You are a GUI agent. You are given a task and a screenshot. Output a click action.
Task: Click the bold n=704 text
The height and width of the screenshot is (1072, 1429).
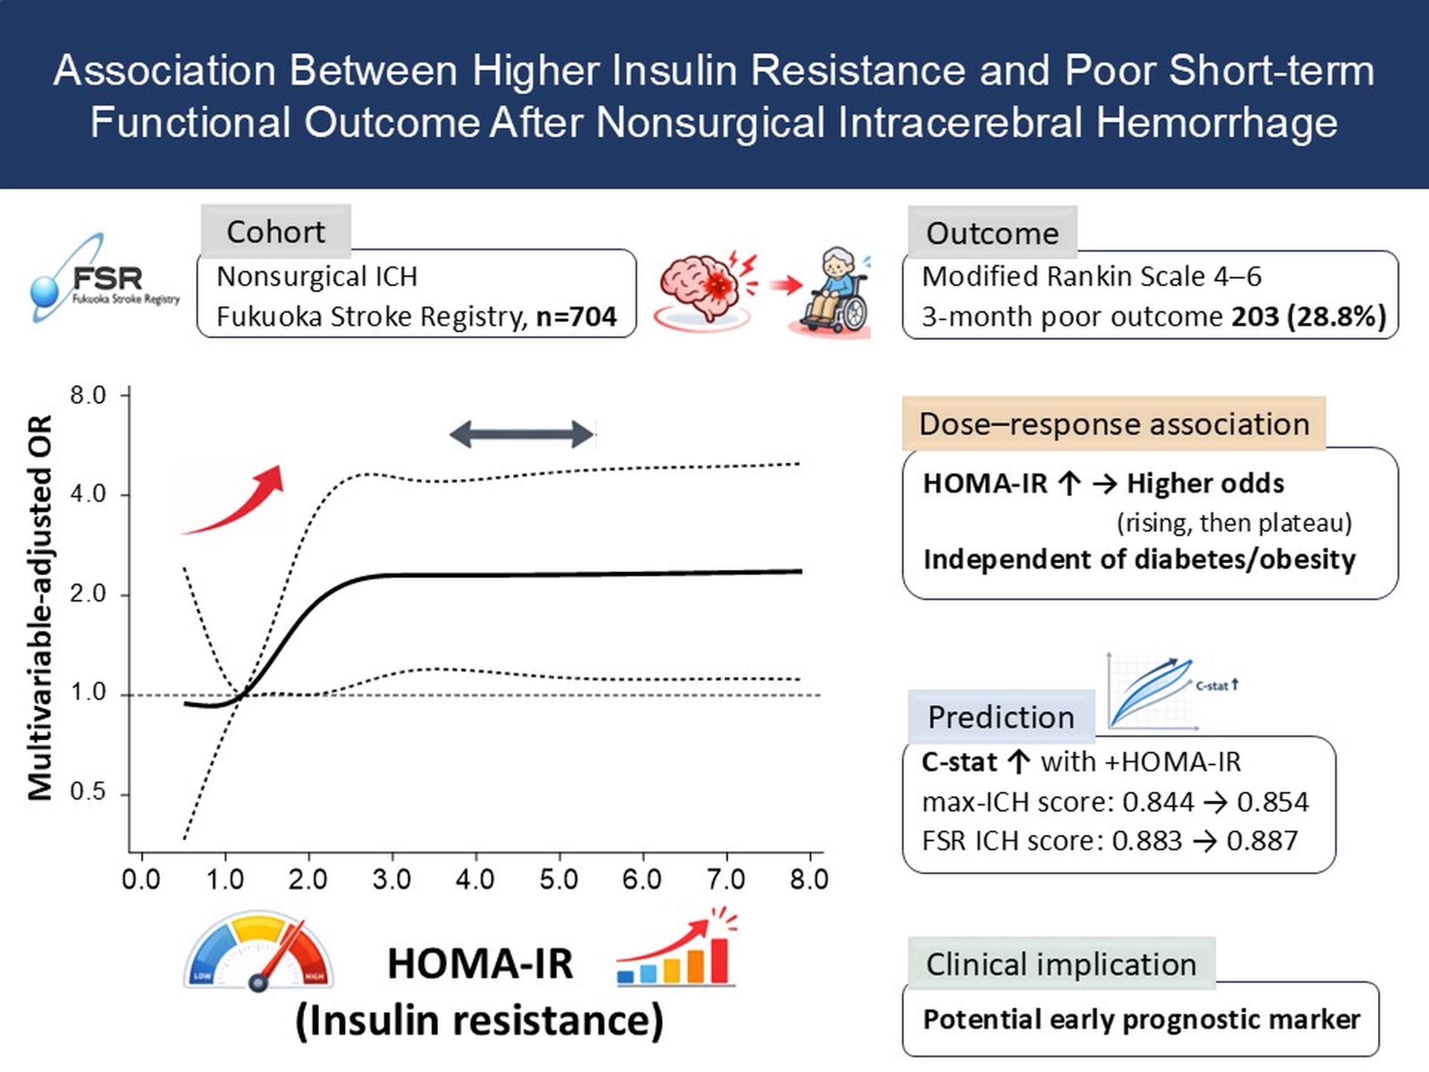click(x=576, y=317)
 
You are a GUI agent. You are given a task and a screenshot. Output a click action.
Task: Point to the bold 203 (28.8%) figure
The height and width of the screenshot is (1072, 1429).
click(x=1309, y=317)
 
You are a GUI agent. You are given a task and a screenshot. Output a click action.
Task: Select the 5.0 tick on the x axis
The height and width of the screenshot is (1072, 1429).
click(x=559, y=879)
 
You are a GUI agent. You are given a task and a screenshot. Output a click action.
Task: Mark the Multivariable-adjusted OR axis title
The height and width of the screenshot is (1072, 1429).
click(x=40, y=607)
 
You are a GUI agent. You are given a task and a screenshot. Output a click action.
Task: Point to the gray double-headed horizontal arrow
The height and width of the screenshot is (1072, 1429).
click(x=521, y=434)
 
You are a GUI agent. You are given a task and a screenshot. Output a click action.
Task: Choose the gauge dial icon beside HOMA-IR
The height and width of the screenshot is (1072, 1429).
click(x=258, y=950)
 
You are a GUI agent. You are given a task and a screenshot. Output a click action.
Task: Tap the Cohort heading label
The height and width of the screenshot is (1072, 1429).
click(x=275, y=232)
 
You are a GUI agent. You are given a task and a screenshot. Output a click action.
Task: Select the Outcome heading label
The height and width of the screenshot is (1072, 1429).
click(x=992, y=233)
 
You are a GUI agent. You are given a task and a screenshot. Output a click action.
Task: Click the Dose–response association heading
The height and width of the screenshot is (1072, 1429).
click(x=1114, y=424)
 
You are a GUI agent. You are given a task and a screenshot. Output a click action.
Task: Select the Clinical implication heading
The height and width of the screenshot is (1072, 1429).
click(x=1061, y=964)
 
